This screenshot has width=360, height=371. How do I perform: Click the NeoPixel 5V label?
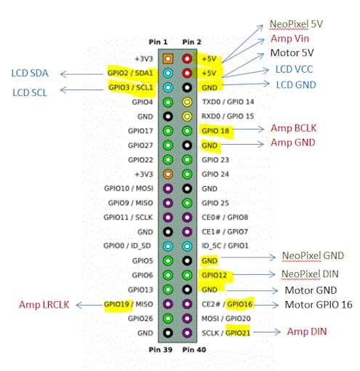296,24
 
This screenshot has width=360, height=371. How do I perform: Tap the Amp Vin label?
289,39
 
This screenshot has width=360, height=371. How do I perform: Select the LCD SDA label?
30,73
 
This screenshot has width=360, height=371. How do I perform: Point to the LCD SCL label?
30,92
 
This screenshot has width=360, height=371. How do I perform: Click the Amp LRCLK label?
44,305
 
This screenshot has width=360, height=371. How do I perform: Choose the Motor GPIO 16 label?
319,305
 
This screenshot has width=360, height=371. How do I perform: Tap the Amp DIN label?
307,332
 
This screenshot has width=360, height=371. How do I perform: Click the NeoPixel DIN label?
310,274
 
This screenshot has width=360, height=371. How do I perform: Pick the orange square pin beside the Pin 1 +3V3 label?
168,59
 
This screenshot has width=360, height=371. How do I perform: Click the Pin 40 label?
194,350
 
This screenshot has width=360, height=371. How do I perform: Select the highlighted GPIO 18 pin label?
215,131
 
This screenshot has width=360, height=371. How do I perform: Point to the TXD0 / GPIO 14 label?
228,102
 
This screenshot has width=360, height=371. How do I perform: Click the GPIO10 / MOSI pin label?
129,188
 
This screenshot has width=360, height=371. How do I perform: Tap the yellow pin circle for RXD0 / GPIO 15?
187,116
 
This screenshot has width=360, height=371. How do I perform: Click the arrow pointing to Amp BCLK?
249,129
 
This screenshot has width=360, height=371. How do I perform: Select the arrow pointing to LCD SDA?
81,74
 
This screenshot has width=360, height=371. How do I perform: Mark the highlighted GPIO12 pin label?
215,275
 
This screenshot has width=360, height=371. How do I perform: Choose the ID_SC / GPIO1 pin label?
225,246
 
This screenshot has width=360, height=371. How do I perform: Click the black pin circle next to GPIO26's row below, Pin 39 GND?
168,333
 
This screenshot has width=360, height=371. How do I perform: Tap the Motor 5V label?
292,53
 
